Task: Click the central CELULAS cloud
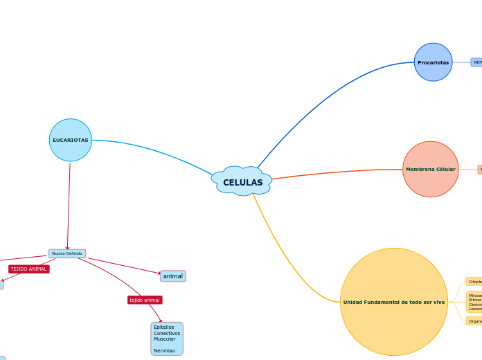pyautogui.click(x=242, y=182)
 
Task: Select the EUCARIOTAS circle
pyautogui.click(x=71, y=140)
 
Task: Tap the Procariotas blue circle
pyautogui.click(x=433, y=62)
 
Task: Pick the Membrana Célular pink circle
pyautogui.click(x=430, y=169)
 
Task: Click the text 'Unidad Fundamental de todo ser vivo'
pyautogui.click(x=394, y=302)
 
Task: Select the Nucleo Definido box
pyautogui.click(x=67, y=253)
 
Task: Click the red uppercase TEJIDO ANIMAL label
pyautogui.click(x=29, y=269)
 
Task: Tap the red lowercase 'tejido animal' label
pyautogui.click(x=145, y=300)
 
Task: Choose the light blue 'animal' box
pyautogui.click(x=173, y=276)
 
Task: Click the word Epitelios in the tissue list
pyautogui.click(x=164, y=327)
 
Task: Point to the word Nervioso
pyautogui.click(x=164, y=350)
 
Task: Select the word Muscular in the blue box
pyautogui.click(x=164, y=339)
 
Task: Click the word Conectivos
pyautogui.click(x=167, y=333)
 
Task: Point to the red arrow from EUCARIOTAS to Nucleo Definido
pyautogui.click(x=69, y=208)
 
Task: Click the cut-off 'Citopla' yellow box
pyautogui.click(x=474, y=282)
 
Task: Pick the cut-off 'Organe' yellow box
pyautogui.click(x=474, y=321)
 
